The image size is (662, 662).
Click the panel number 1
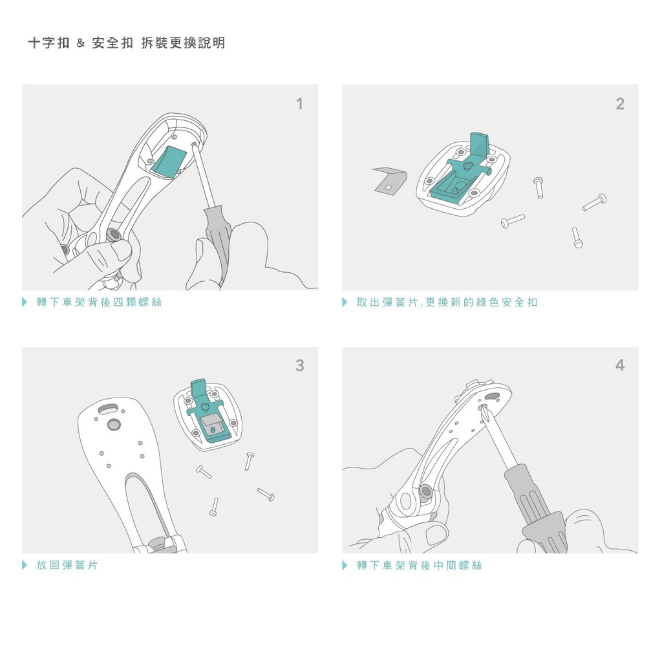tap(300, 104)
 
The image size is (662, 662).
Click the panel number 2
tap(620, 104)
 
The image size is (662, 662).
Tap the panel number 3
tap(300, 366)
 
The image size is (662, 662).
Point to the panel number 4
tap(620, 365)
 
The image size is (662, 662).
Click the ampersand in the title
tap(81, 43)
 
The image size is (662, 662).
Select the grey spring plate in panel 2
tap(390, 180)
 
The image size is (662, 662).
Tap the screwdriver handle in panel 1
tap(217, 244)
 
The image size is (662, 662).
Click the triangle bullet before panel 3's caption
tap(25, 565)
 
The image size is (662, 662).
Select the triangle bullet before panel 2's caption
tap(345, 303)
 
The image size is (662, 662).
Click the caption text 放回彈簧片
tap(67, 565)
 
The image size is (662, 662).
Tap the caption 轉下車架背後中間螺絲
tap(419, 565)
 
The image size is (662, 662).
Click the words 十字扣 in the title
tap(48, 43)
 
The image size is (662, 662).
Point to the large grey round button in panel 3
tap(114, 424)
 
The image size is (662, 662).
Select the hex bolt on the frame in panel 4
tap(425, 491)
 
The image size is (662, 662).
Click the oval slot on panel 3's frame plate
tap(109, 409)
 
